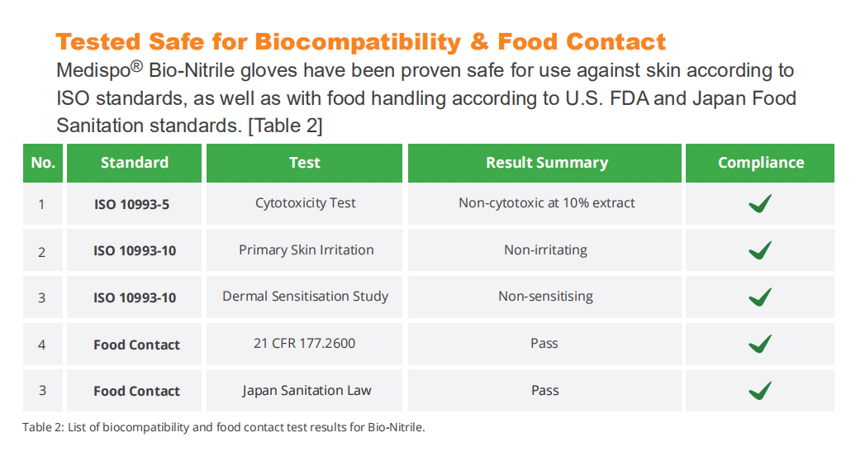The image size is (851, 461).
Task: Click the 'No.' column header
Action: coord(43,163)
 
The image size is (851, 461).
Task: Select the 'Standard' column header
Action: coord(135,163)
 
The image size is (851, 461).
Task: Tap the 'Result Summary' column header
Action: coord(547,163)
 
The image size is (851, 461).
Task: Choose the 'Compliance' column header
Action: coord(761,163)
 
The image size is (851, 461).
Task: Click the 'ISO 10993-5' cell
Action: coord(132,204)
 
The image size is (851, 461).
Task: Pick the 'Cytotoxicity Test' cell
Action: coord(306,203)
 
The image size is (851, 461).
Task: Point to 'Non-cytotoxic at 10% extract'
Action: coord(546,203)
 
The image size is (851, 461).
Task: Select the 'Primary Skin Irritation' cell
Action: coord(306,250)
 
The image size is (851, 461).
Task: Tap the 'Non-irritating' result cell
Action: coord(545,250)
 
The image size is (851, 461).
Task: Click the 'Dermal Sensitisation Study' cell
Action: coord(306,297)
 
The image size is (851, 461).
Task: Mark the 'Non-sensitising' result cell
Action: coord(545,297)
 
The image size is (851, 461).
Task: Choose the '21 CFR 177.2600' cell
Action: coord(305,343)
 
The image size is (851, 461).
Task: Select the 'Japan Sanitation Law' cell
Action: coord(307,391)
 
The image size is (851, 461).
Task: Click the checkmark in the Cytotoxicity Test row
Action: coord(760,203)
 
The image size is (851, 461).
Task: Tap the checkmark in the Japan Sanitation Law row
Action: coord(760,391)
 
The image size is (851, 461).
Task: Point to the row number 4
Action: coord(42,345)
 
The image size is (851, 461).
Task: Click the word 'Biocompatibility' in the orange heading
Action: coord(358,42)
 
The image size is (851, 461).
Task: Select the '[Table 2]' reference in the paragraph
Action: coord(286,126)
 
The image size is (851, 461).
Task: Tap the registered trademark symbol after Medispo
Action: coord(137,66)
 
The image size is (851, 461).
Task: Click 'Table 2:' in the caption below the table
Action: coord(44,427)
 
